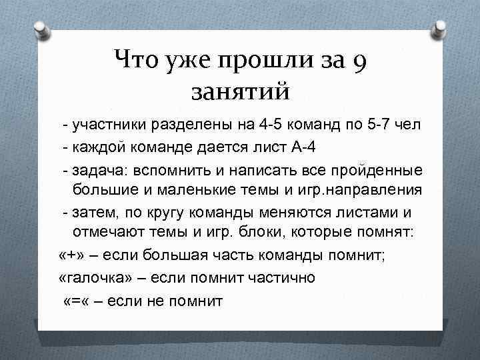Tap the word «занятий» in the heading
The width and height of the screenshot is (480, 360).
click(x=240, y=90)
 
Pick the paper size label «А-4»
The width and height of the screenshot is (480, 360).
click(x=290, y=147)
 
